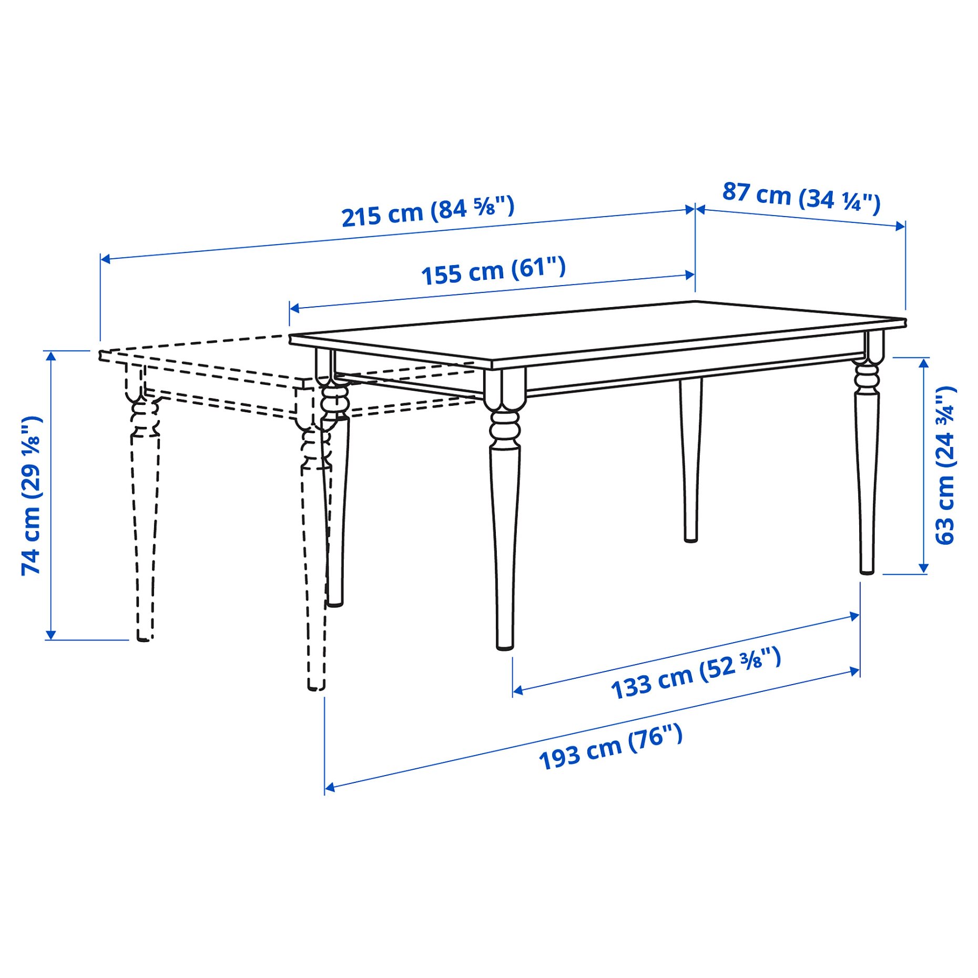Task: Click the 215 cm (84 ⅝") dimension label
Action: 427,211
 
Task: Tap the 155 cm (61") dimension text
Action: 493,271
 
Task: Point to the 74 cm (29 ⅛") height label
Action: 31,495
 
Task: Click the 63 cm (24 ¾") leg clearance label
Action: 945,465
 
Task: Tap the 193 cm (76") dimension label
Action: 610,747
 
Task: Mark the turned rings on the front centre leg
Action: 505,427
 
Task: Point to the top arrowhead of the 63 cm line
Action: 923,362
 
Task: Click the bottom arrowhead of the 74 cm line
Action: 50,635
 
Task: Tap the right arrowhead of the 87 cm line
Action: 901,226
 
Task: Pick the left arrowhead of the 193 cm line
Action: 329,787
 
